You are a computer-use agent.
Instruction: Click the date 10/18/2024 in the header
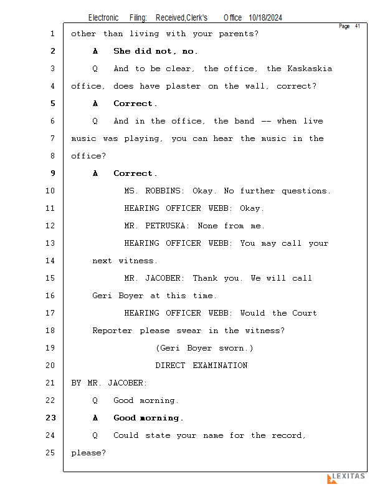(265, 18)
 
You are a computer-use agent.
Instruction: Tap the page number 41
(358, 26)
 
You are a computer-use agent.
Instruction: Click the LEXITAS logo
(346, 478)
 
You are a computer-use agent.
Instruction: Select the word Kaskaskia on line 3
(310, 69)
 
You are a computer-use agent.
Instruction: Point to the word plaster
(183, 87)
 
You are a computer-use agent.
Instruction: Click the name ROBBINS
(164, 191)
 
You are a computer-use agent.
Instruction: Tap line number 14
(50, 261)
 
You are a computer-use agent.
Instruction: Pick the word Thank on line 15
(205, 278)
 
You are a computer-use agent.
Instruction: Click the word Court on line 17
(305, 313)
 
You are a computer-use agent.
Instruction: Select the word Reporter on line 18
(112, 331)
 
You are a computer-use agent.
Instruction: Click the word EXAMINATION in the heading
(220, 366)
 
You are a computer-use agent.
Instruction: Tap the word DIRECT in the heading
(170, 366)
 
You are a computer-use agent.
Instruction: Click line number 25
(50, 453)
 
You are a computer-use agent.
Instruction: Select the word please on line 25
(86, 453)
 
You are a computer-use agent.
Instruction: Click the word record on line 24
(287, 435)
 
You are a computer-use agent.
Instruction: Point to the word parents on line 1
(236, 34)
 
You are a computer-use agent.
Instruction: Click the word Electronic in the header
(103, 18)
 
